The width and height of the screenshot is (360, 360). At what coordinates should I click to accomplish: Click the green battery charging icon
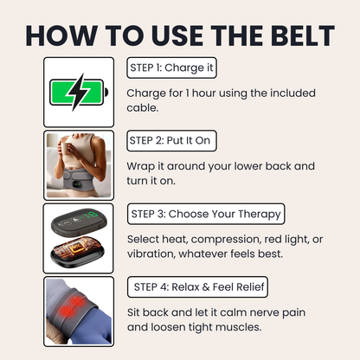coord(79,92)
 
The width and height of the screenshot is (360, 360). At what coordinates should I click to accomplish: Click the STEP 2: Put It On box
coord(172,140)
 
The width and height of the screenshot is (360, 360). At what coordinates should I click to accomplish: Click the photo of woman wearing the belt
coord(79,165)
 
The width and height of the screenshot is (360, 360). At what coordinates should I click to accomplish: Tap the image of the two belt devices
coord(79,238)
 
